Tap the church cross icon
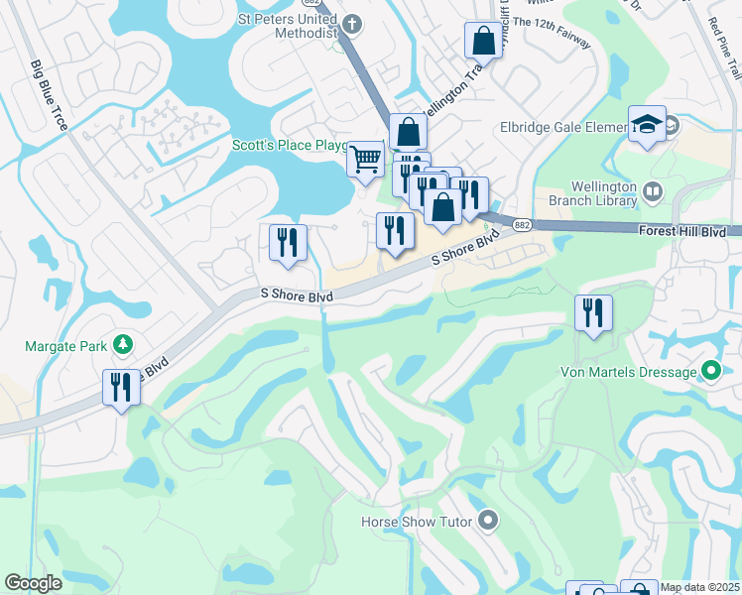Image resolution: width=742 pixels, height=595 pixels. (x=352, y=21)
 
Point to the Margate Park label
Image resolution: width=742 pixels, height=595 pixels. (x=67, y=346)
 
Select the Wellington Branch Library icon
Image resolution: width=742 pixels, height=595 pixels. (x=653, y=191)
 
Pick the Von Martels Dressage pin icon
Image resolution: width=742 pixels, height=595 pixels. (x=710, y=372)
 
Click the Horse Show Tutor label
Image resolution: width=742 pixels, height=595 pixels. (x=416, y=521)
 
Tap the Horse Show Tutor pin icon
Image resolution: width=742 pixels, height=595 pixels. (x=487, y=520)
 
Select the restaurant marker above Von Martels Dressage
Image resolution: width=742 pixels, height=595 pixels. (x=593, y=313)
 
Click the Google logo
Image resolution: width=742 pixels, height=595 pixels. (x=34, y=583)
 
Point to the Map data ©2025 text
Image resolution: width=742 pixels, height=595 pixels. (x=699, y=587)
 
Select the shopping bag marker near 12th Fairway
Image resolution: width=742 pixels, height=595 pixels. (x=482, y=41)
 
